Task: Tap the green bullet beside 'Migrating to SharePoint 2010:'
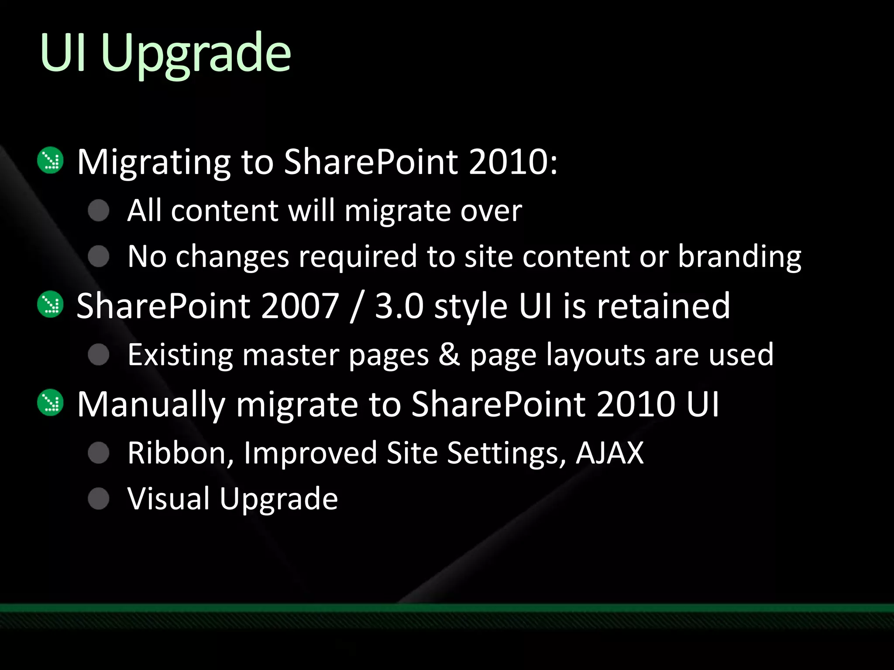(x=51, y=160)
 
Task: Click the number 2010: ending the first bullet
(x=513, y=161)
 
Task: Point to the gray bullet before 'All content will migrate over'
(x=99, y=211)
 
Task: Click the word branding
(x=739, y=257)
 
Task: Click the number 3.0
(x=399, y=306)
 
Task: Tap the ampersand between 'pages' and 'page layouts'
(x=449, y=354)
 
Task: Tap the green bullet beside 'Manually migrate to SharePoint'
(x=51, y=402)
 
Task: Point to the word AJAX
(x=609, y=453)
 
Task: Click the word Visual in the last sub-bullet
(x=168, y=499)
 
